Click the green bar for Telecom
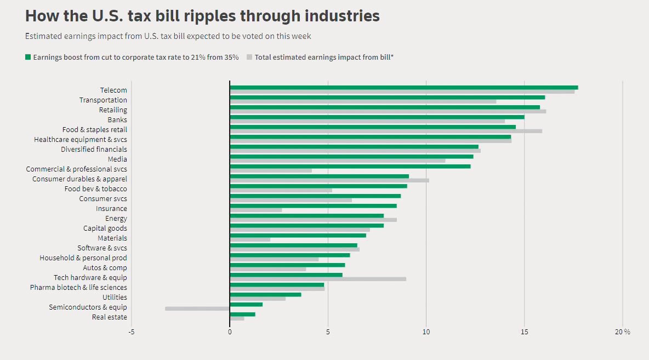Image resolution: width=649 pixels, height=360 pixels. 403,88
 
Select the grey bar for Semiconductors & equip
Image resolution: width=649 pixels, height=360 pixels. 197,308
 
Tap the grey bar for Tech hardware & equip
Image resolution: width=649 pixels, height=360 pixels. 318,279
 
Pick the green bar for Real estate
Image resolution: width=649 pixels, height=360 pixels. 242,314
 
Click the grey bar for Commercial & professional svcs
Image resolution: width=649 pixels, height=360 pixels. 271,170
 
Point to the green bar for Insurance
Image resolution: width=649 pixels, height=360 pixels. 313,206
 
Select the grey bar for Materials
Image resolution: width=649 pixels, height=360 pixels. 250,239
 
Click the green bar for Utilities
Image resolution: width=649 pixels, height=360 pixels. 265,295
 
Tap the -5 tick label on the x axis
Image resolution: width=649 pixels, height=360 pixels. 132,332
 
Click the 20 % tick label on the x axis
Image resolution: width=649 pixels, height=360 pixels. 622,332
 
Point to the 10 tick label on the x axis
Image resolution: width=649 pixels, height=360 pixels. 426,332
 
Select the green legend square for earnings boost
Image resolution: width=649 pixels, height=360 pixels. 28,57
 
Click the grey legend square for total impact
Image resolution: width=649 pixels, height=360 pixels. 249,57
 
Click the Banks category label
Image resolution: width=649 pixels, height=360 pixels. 117,120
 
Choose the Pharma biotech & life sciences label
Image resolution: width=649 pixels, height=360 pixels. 78,288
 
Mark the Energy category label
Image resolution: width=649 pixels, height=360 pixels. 116,219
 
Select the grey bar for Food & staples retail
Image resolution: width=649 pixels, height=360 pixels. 386,131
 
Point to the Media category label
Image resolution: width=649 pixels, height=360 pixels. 117,159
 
